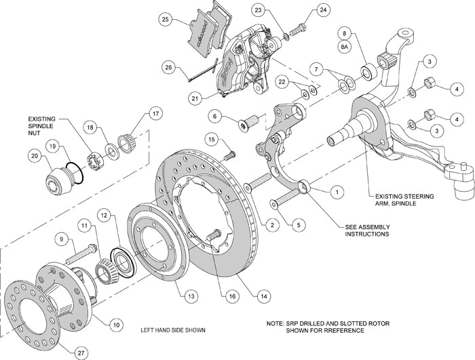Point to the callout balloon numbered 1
tap(334, 192)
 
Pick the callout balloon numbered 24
tap(322, 9)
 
